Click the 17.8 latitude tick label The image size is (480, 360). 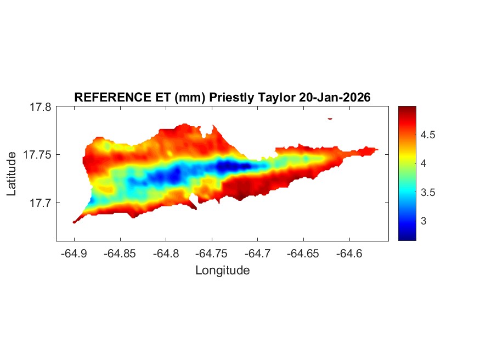(x=41, y=108)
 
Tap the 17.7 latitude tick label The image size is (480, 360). (x=41, y=203)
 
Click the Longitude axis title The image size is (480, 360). (x=222, y=271)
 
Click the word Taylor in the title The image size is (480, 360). (x=277, y=97)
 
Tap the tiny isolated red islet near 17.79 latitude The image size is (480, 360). (x=330, y=118)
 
